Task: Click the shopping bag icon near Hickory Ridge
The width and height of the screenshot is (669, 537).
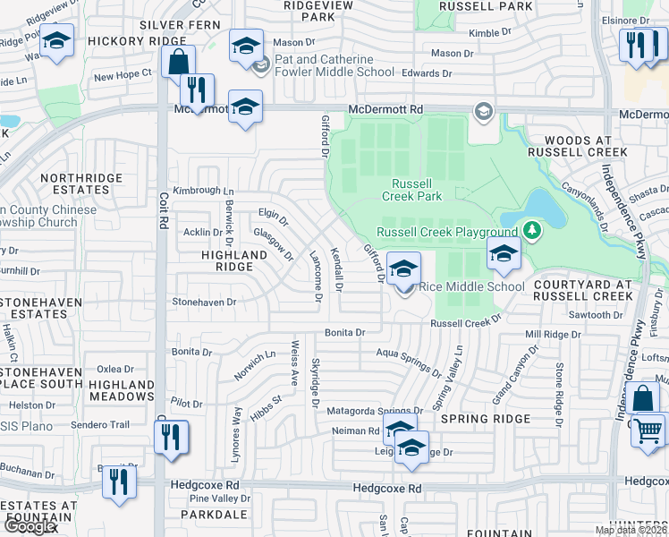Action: (178, 63)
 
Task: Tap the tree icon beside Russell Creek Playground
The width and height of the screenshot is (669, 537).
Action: (532, 231)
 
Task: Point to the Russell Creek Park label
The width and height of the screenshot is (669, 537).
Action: (412, 189)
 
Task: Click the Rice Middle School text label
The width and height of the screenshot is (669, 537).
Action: (471, 286)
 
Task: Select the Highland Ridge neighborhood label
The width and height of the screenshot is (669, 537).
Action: (229, 260)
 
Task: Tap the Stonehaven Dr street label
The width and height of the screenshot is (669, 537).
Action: (204, 303)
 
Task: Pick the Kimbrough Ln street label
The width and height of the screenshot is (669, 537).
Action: (203, 191)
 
